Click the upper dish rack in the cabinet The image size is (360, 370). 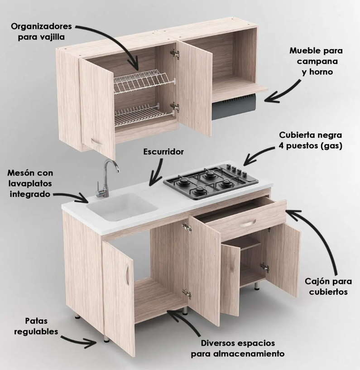[x=141, y=81]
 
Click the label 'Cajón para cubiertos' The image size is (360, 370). [x=328, y=287]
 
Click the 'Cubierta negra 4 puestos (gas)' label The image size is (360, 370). [x=311, y=141]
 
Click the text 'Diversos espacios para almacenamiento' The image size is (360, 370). [x=237, y=348]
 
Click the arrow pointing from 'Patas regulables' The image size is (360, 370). [x=82, y=339]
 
